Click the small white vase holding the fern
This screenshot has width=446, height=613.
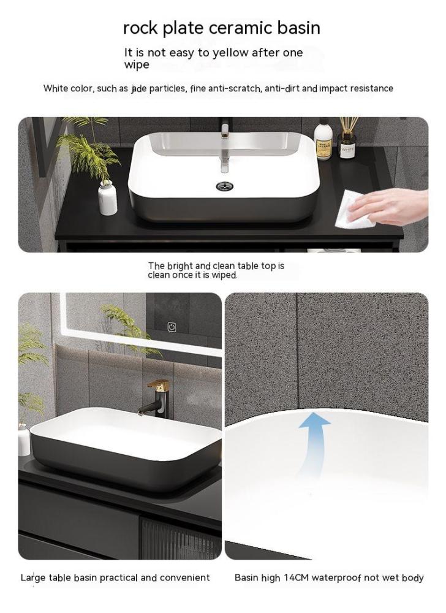[x=107, y=198]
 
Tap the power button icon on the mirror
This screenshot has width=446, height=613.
[x=172, y=327]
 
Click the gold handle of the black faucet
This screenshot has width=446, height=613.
[x=158, y=384]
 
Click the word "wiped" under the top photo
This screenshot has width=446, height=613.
[x=224, y=275]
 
